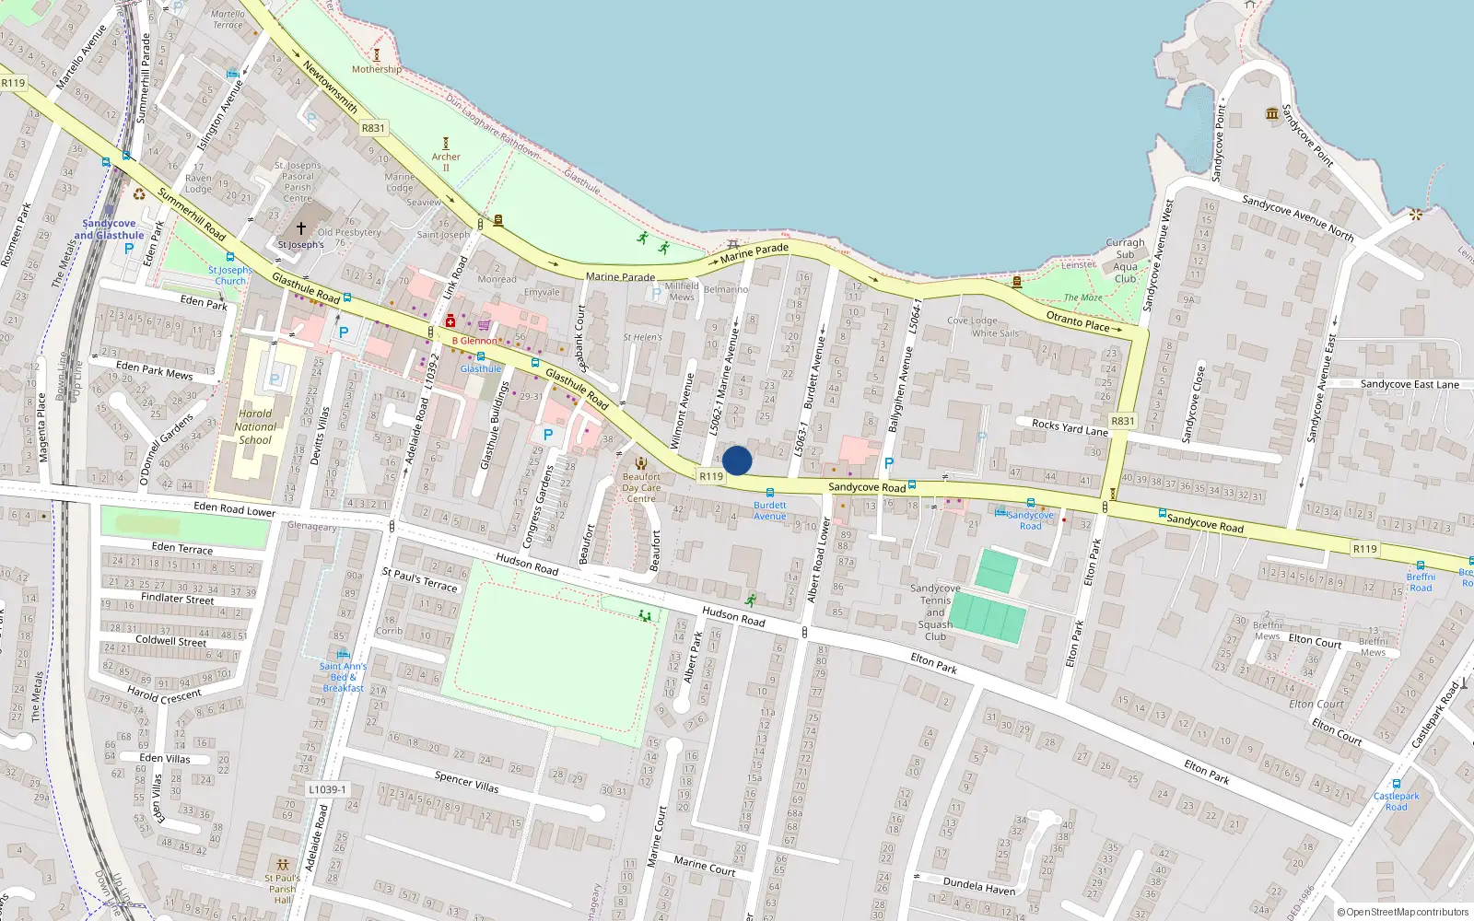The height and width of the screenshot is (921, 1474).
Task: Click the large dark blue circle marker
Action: coord(737,460)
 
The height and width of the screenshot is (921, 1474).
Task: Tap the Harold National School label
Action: coord(255,426)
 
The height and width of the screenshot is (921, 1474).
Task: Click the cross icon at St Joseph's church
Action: coord(301,227)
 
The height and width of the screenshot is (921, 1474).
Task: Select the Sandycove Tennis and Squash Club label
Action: coord(935,612)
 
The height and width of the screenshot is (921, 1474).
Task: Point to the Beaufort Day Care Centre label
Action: coord(641,487)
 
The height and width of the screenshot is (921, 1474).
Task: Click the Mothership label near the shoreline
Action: coord(376,69)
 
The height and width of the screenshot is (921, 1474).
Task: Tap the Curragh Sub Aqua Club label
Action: coord(1125,261)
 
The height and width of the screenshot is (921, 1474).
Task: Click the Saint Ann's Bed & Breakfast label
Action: coord(343,677)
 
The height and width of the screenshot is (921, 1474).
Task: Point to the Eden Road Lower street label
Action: coord(235,509)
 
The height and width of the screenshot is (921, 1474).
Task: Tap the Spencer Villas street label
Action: coord(466,782)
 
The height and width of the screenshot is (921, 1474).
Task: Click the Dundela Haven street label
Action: coord(978,886)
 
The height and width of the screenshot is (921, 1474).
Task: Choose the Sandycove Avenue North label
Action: coord(1297,217)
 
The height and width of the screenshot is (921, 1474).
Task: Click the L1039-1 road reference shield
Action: coord(327,789)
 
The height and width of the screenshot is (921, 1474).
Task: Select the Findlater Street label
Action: coord(177,599)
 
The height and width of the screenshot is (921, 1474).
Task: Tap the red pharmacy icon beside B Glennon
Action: coord(450,321)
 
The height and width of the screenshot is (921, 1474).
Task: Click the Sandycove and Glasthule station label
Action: coord(109,229)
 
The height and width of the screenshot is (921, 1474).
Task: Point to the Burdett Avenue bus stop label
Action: coord(770,510)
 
